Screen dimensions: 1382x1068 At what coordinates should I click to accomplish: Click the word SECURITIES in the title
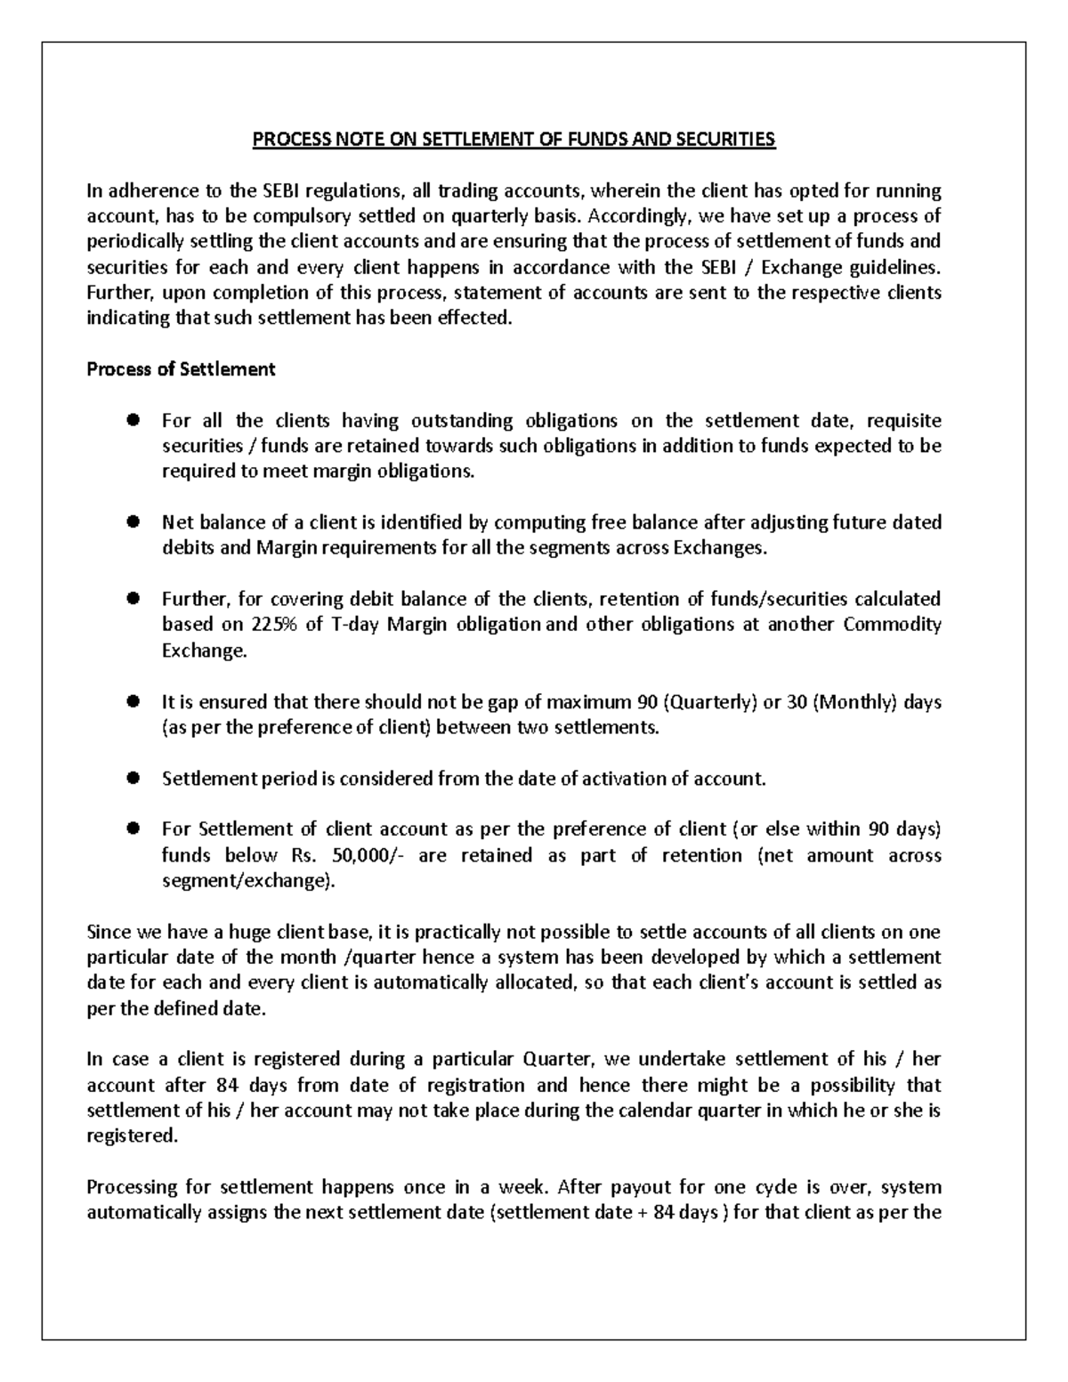729,140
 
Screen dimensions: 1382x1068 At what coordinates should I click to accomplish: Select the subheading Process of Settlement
181,369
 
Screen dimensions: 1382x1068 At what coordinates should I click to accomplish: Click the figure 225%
274,625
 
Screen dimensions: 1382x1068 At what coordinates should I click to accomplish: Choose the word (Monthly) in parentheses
854,702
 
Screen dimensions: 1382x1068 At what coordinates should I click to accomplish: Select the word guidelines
895,268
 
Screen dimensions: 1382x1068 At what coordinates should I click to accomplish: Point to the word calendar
672,1111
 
